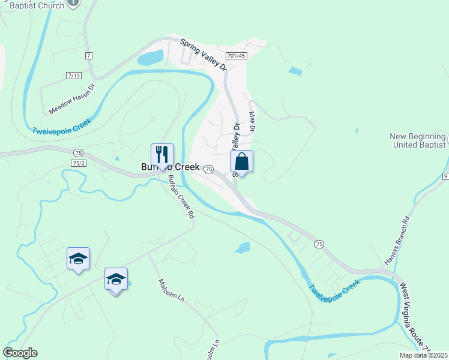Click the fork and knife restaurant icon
coord(162,155)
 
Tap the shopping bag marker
coord(241,161)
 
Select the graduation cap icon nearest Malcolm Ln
coord(116,279)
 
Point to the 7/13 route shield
coord(74,76)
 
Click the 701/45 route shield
coord(237,56)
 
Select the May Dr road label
coord(252,122)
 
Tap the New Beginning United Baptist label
coord(418,140)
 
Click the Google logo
coord(20,353)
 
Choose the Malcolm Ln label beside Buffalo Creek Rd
coord(170,292)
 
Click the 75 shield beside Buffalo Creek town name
coord(208,169)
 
